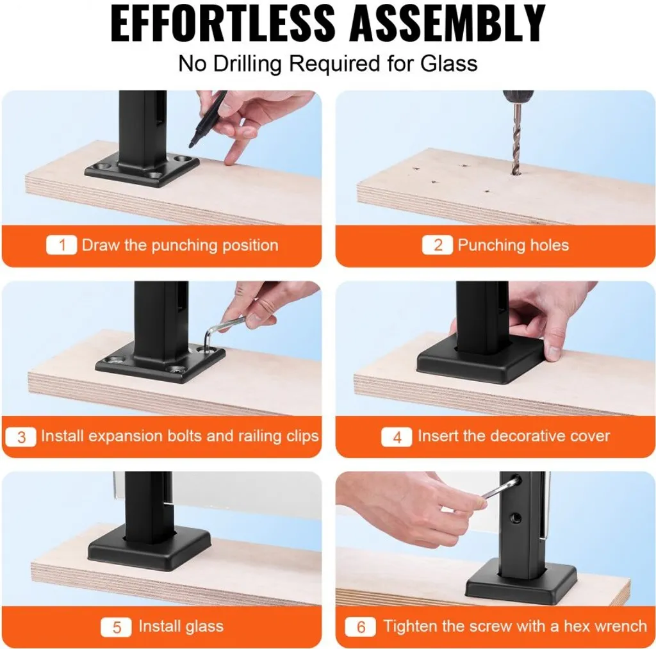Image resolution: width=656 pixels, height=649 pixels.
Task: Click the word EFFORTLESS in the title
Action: [x=222, y=24]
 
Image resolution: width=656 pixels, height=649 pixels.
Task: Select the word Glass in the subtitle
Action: [x=449, y=64]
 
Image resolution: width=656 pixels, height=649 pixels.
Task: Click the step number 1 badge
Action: [x=61, y=245]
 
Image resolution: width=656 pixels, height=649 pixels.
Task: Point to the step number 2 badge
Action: [x=437, y=245]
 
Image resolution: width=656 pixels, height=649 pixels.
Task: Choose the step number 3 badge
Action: [x=21, y=437]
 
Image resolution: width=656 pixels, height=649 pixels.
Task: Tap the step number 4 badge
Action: [x=397, y=437]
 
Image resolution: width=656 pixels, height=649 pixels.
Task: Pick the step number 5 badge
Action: [x=116, y=627]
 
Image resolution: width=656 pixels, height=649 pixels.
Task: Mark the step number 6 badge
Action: [x=360, y=627]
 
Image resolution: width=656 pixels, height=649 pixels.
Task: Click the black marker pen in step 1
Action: [x=208, y=119]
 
